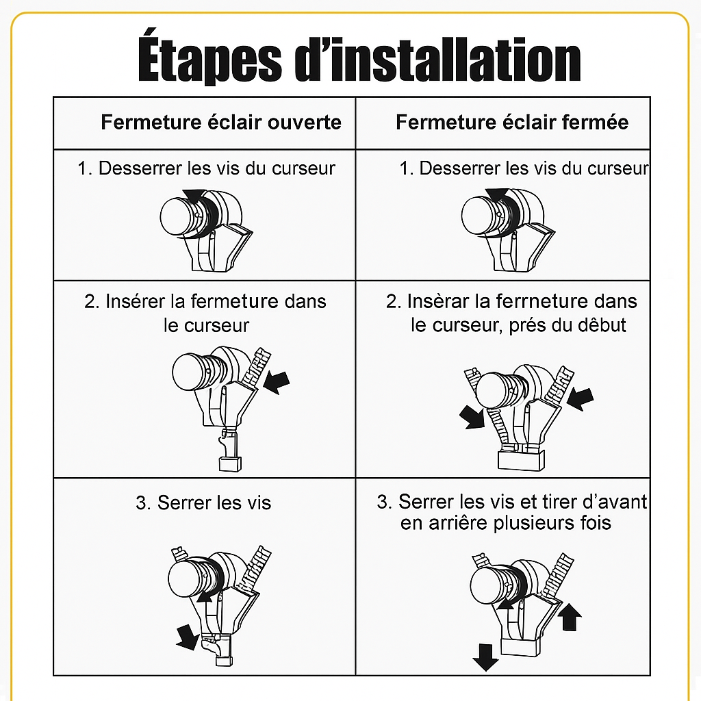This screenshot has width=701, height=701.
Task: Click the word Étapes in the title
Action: tap(208, 60)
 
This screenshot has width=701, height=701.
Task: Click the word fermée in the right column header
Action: tap(594, 123)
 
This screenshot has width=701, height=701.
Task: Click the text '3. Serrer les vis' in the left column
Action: tap(203, 503)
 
